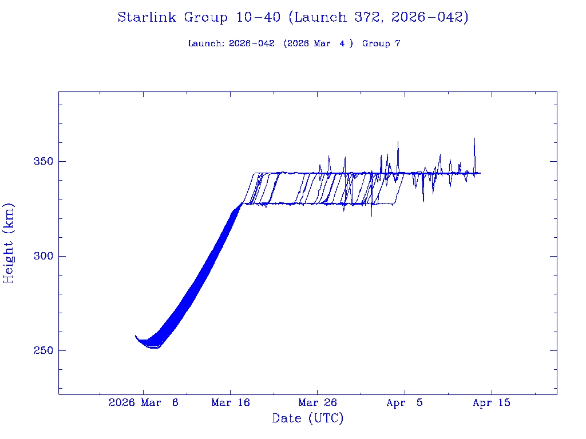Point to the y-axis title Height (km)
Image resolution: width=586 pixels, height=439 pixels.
tap(9, 243)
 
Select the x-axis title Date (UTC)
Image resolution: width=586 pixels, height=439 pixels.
tap(308, 418)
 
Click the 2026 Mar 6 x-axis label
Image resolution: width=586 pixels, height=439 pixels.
tap(144, 403)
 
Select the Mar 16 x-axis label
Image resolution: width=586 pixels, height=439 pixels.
tap(231, 403)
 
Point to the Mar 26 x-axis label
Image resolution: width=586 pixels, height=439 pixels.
tap(318, 403)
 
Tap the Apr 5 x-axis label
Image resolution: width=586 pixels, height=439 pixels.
tap(405, 403)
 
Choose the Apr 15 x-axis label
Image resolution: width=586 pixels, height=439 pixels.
tap(492, 403)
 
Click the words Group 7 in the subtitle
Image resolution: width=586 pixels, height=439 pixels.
tap(381, 44)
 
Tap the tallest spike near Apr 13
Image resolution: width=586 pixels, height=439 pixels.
tap(474, 138)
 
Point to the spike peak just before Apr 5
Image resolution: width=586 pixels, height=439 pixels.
tap(398, 142)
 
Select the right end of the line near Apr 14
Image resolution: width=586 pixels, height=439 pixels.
tap(481, 173)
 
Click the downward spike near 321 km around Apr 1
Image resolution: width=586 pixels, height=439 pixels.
tap(371, 215)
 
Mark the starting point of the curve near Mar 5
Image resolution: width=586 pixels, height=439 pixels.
tap(136, 336)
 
